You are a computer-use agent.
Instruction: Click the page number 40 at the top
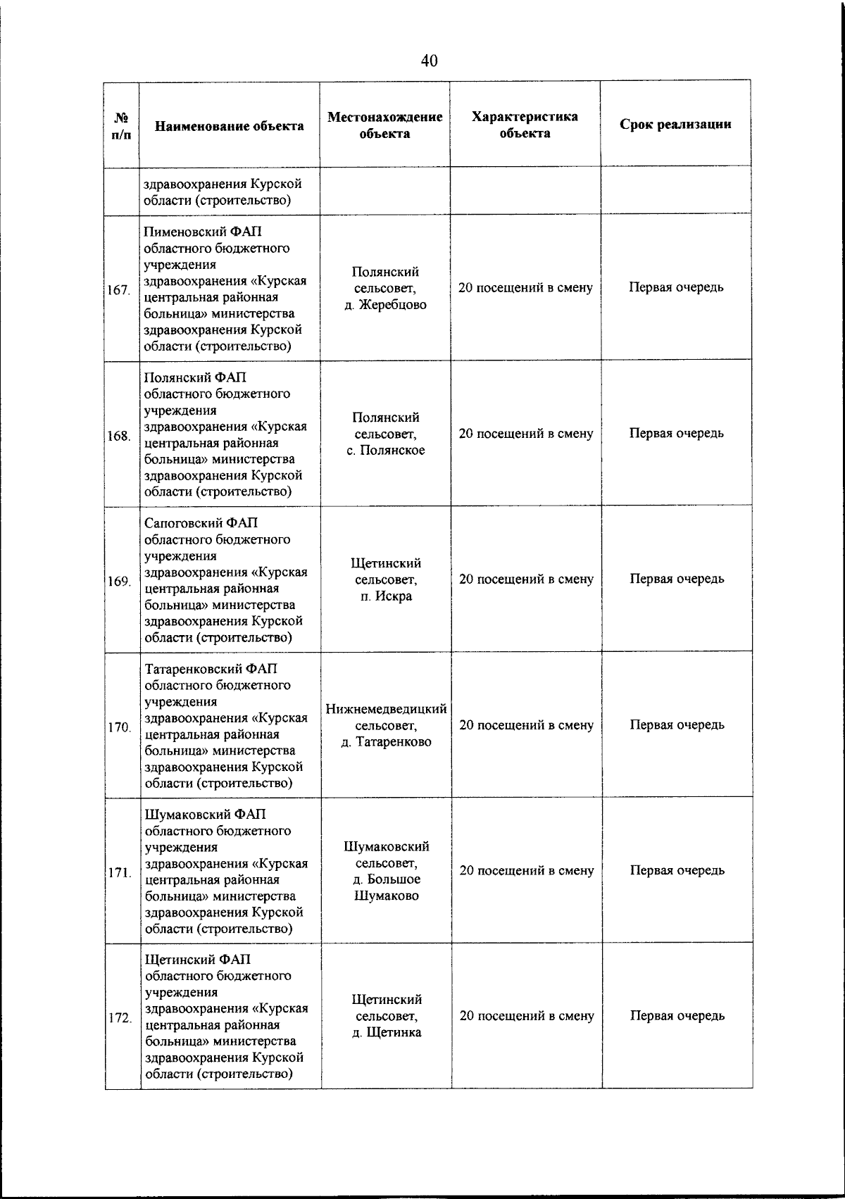click(429, 61)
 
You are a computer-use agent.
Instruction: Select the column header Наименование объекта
click(230, 126)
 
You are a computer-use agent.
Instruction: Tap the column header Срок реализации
click(675, 125)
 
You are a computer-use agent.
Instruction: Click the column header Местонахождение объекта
click(384, 125)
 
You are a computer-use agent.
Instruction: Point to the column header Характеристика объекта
click(525, 125)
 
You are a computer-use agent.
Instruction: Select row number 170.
click(119, 727)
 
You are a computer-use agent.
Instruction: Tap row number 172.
click(119, 1019)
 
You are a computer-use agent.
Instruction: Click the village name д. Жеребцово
click(385, 305)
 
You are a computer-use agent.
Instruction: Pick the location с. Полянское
click(385, 451)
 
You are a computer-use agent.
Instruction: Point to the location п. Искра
click(385, 596)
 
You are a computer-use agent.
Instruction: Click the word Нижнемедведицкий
click(386, 708)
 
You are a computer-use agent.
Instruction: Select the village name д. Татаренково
click(386, 742)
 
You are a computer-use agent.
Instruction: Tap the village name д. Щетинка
click(386, 1033)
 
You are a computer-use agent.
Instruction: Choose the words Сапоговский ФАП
click(201, 523)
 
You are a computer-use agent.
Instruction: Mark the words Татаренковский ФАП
click(211, 668)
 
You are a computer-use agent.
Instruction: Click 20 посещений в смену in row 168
click(525, 434)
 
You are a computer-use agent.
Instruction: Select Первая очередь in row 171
click(676, 870)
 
